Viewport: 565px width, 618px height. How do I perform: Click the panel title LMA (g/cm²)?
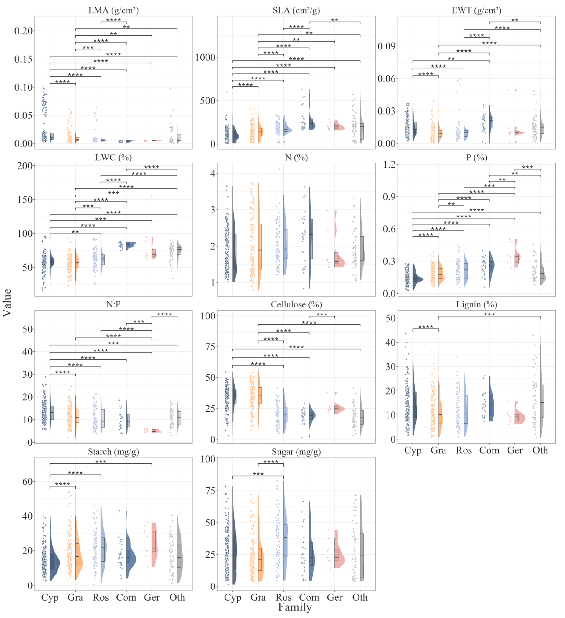[113, 10]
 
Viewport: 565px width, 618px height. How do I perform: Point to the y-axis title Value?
[7, 303]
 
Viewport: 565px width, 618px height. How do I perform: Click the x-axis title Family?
[295, 607]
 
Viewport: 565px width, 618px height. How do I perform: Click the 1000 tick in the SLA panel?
[205, 57]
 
